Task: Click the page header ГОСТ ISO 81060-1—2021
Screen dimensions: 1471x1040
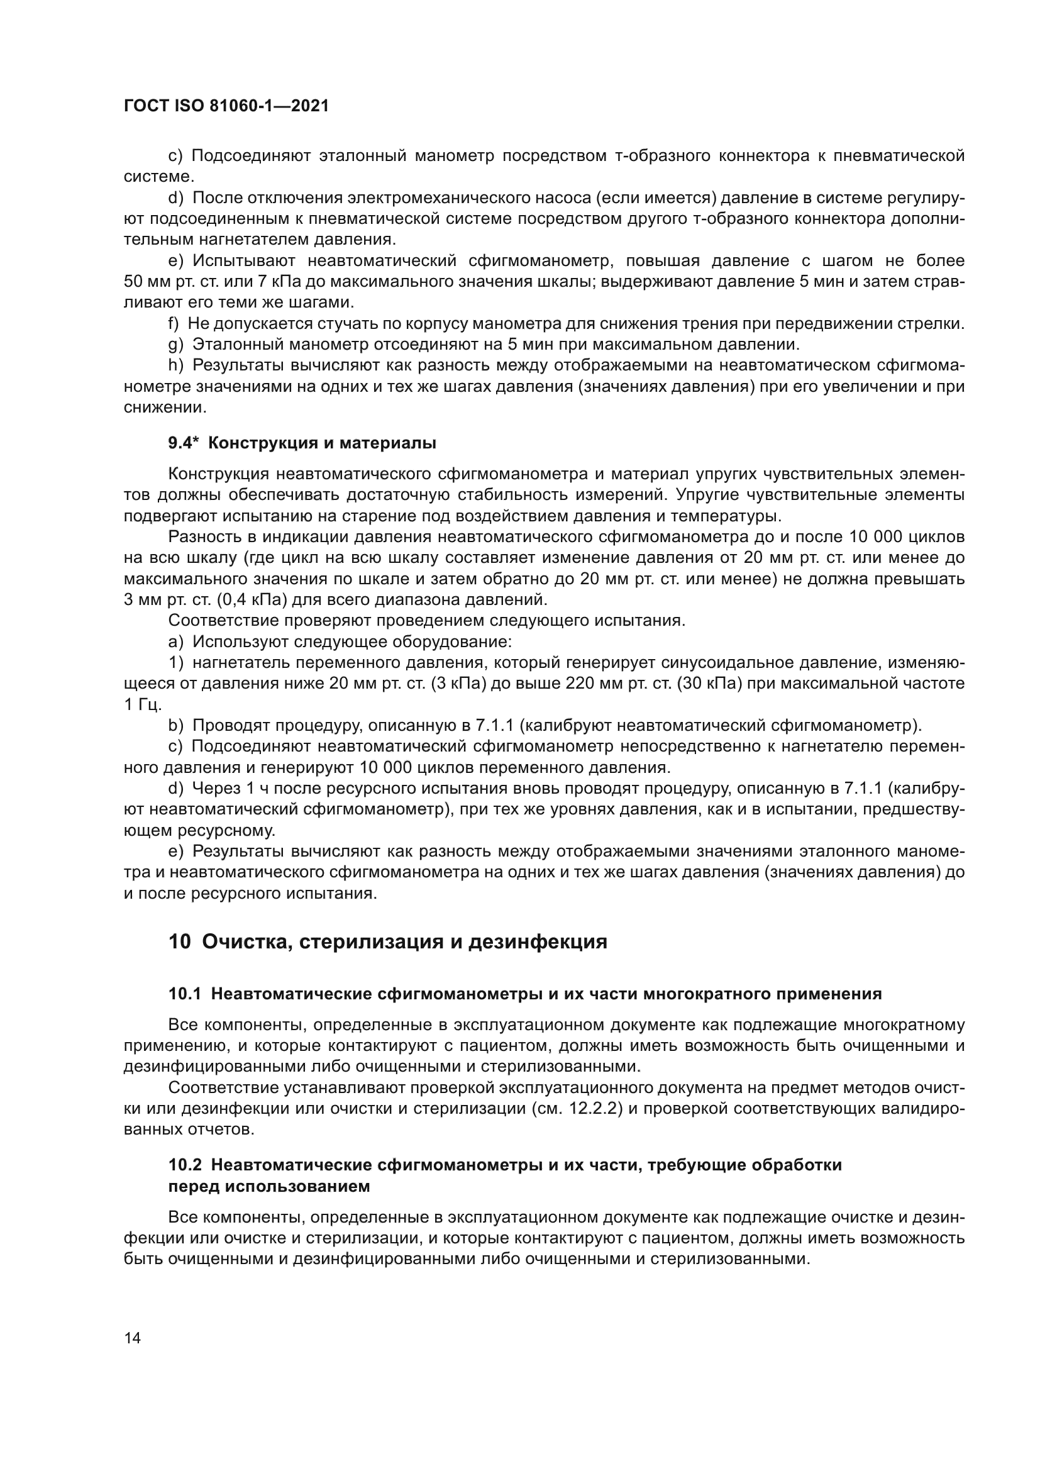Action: (x=226, y=106)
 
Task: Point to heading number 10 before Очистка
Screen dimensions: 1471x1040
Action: (x=179, y=942)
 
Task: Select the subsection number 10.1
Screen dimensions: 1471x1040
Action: (x=184, y=994)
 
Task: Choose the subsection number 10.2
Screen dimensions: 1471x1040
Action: (x=184, y=1165)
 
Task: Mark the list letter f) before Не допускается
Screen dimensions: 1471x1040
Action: (x=174, y=324)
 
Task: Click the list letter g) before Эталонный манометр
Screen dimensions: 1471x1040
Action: (x=175, y=345)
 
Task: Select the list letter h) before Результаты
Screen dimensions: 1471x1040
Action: (x=175, y=366)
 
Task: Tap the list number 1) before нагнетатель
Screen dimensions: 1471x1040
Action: (x=175, y=662)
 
